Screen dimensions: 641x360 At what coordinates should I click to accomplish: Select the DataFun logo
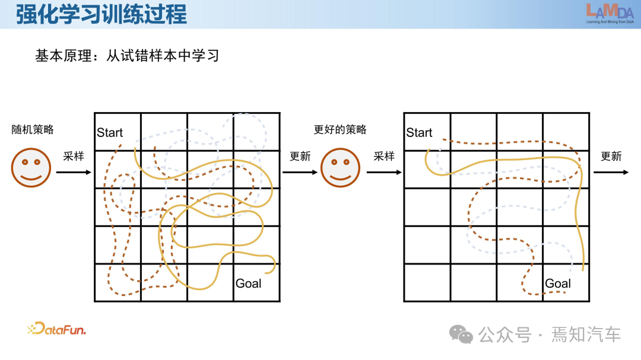click(57, 329)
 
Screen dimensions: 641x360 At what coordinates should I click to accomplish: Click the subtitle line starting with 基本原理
click(127, 56)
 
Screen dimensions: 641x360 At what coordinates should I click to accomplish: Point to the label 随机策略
click(33, 129)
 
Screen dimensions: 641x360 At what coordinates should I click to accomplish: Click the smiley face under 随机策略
click(31, 168)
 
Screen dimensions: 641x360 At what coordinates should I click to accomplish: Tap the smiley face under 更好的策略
click(340, 168)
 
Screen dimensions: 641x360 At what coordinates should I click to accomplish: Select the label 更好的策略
click(340, 129)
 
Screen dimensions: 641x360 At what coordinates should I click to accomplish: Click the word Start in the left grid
click(110, 132)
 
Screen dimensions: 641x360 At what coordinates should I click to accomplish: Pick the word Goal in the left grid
click(248, 283)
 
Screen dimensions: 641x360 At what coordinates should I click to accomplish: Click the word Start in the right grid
click(419, 132)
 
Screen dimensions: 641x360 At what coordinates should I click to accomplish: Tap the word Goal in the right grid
click(558, 283)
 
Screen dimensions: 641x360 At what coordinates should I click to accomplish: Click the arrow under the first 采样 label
click(74, 173)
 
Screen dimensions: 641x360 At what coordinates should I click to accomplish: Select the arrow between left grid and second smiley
click(300, 173)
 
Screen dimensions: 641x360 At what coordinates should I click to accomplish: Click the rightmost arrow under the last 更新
click(611, 173)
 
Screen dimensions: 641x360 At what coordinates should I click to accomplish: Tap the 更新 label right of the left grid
click(300, 157)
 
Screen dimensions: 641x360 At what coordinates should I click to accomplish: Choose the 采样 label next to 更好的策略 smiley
click(384, 157)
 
